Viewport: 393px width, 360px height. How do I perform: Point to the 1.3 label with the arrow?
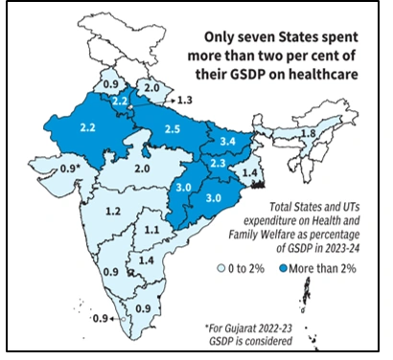185,100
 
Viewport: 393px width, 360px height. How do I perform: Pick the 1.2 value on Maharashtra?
112,210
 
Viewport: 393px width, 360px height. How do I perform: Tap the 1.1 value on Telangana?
150,231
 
